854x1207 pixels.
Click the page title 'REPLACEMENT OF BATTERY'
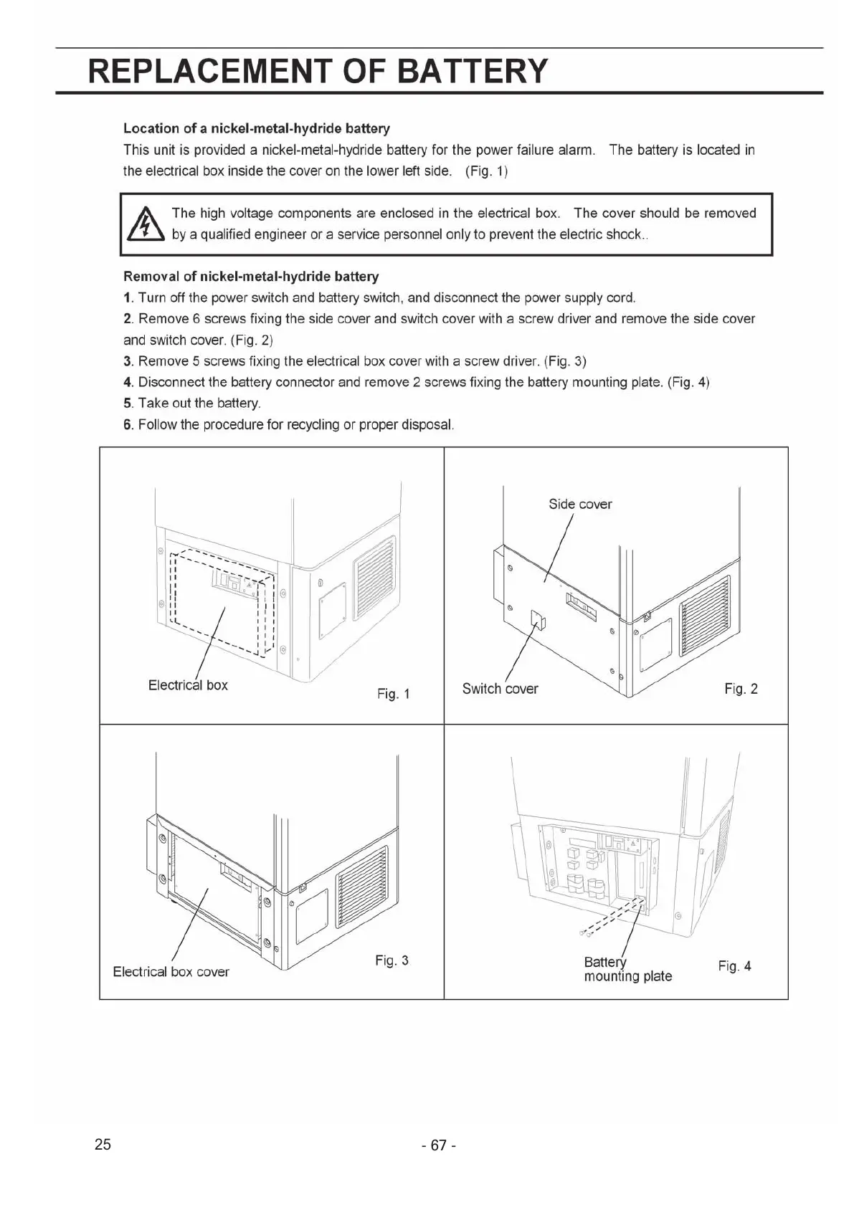[x=317, y=71]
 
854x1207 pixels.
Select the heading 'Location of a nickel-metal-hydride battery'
[x=257, y=128]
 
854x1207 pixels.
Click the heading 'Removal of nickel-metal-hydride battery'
[x=251, y=277]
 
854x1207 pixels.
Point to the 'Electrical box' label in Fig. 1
[x=188, y=685]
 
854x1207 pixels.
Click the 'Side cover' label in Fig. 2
[x=580, y=504]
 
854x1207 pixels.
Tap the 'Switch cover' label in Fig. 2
[x=500, y=689]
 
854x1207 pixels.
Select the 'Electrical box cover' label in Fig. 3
[x=171, y=972]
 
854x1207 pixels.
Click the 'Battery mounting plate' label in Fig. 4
[x=627, y=969]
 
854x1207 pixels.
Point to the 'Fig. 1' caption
[x=393, y=694]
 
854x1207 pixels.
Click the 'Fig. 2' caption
[x=741, y=689]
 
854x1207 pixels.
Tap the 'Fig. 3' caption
[x=392, y=960]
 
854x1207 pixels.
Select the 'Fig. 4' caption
[x=734, y=966]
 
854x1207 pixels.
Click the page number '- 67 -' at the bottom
[x=439, y=1145]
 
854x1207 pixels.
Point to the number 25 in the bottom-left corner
[x=103, y=1144]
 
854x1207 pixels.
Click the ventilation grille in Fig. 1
[x=373, y=578]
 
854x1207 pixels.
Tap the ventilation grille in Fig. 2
[x=703, y=616]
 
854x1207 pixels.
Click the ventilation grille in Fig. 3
[x=362, y=888]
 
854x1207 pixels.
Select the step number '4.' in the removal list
[x=128, y=382]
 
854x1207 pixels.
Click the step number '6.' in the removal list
[x=128, y=424]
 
